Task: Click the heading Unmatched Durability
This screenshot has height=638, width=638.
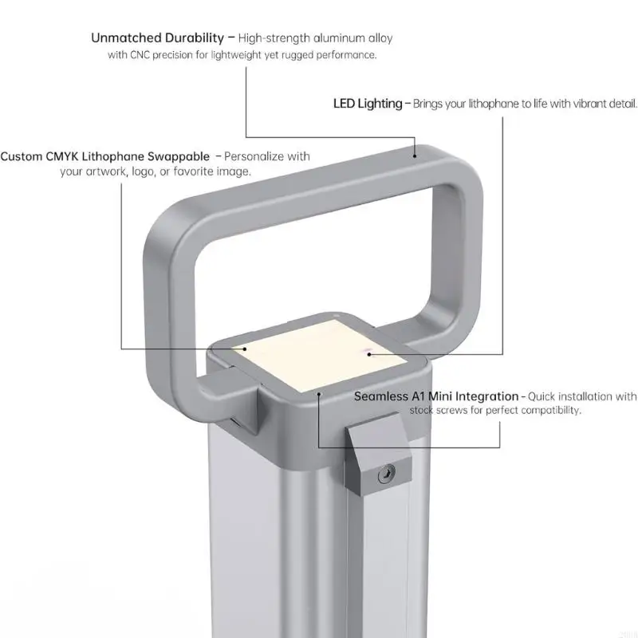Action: tap(157, 37)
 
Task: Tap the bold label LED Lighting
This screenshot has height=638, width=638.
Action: tap(368, 104)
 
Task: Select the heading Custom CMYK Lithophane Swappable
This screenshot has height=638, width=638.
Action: tap(105, 156)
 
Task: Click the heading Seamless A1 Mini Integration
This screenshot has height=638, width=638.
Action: tap(436, 396)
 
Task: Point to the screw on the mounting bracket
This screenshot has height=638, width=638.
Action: tap(386, 474)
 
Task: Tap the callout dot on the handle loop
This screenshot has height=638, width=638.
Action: tap(415, 156)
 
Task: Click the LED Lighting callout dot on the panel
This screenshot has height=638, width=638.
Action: tap(369, 354)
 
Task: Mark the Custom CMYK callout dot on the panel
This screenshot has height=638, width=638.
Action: tap(245, 349)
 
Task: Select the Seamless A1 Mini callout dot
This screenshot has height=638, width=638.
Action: tap(320, 394)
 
